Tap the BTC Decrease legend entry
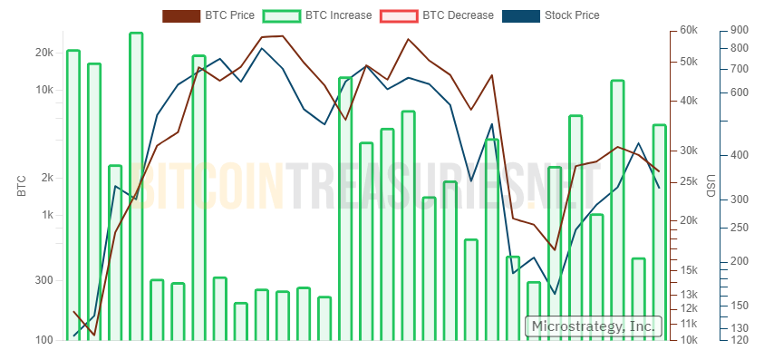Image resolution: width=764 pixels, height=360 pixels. [x=458, y=15]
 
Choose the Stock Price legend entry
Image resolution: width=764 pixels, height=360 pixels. [x=571, y=15]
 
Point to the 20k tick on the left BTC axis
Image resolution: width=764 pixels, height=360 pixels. [x=44, y=53]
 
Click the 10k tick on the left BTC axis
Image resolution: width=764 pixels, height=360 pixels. [x=44, y=90]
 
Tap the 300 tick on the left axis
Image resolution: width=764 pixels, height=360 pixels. [x=45, y=280]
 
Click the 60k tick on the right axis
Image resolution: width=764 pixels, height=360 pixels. [x=689, y=31]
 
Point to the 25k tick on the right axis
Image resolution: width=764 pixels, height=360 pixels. [x=689, y=183]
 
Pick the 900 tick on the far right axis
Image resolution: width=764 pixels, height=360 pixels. [x=739, y=31]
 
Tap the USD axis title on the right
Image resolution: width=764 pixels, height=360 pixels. [x=711, y=185]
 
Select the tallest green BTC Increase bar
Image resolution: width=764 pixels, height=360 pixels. [x=136, y=186]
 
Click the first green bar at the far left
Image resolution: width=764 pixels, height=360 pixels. [x=73, y=195]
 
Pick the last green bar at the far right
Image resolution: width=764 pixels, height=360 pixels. [x=659, y=232]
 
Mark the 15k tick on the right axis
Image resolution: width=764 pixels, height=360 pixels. [x=689, y=270]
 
